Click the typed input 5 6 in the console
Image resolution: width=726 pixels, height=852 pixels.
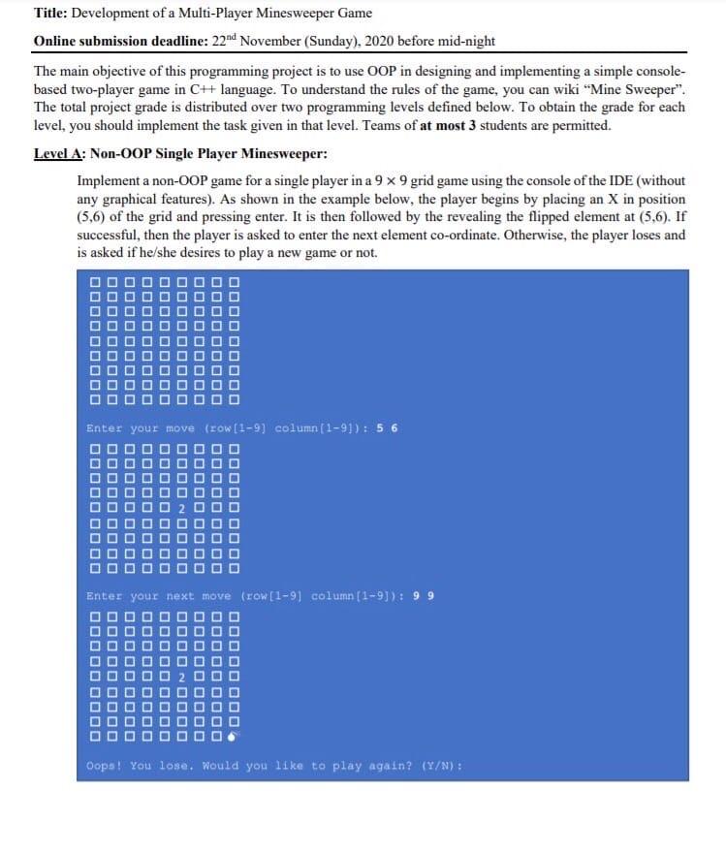[x=388, y=428]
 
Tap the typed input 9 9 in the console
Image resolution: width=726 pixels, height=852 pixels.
[x=425, y=596]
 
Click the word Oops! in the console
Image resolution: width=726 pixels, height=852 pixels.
[x=104, y=766]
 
